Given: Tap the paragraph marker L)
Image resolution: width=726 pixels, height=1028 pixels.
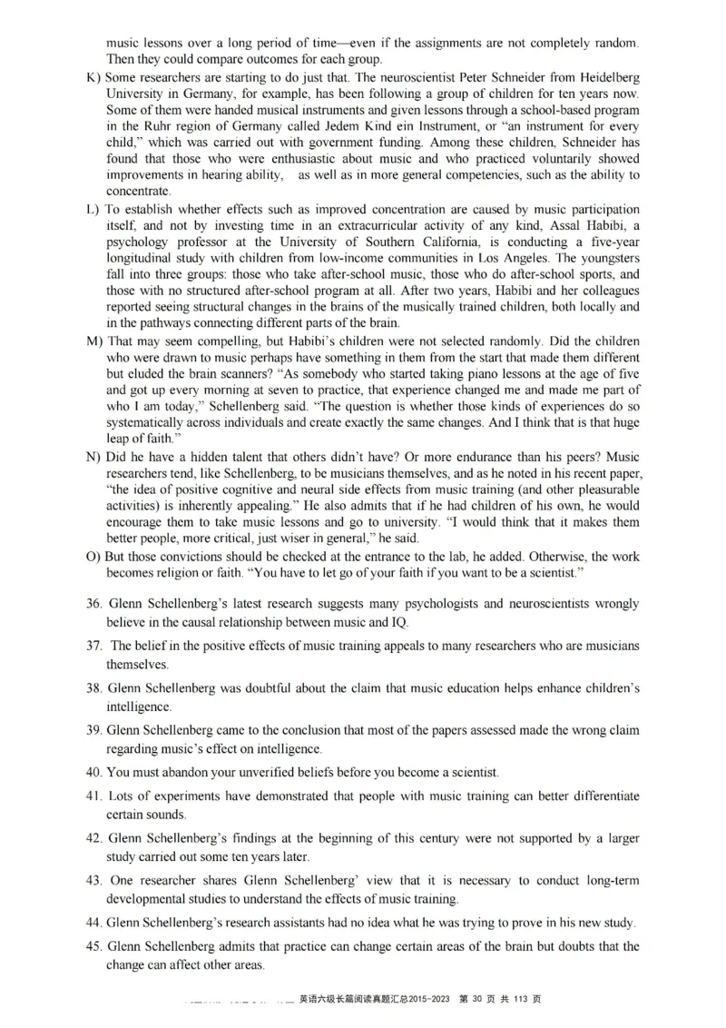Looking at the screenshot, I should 93,210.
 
